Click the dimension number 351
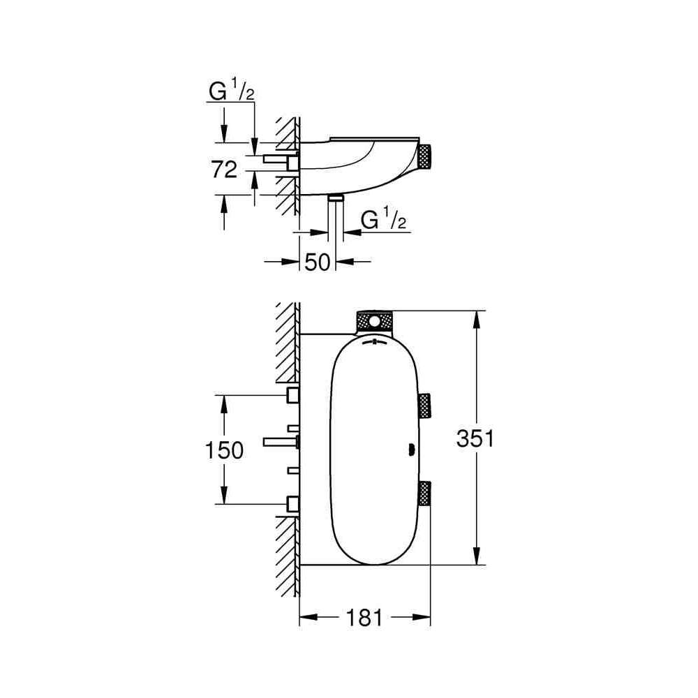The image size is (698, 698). (475, 439)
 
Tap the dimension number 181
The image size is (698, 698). (364, 618)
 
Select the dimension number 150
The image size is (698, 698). (224, 450)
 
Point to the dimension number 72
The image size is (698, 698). (224, 170)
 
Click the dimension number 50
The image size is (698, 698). (318, 262)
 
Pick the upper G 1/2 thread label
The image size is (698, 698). (232, 91)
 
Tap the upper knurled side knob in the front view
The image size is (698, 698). (424, 406)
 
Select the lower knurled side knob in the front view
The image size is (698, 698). (424, 493)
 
